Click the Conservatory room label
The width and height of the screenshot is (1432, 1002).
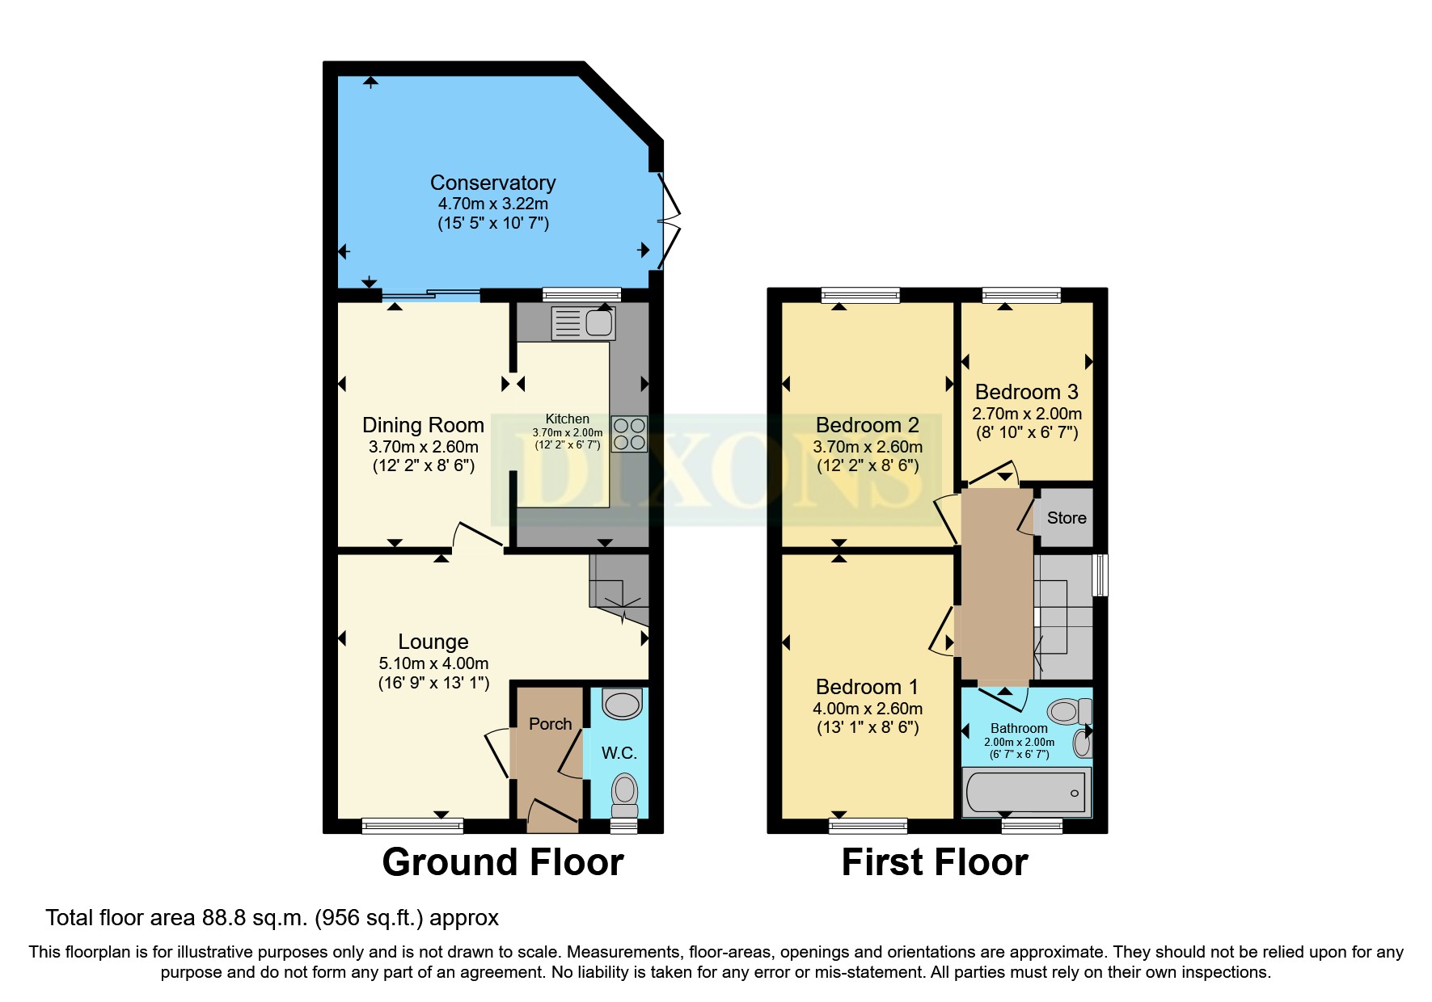(492, 183)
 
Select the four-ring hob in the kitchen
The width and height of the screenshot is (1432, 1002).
(628, 433)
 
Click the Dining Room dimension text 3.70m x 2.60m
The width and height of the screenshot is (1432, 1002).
(423, 447)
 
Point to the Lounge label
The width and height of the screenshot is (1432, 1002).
(433, 642)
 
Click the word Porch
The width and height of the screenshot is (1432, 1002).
(550, 724)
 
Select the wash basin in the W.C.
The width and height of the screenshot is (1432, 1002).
(623, 704)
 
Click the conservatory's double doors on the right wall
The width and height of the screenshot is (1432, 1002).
(670, 219)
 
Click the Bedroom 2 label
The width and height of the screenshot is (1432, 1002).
(867, 425)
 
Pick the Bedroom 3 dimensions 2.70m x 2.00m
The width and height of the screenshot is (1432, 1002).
(1026, 414)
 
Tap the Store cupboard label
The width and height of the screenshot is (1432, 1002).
(1066, 518)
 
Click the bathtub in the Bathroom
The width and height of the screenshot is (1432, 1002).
(1025, 792)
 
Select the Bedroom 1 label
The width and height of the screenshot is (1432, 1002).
(867, 687)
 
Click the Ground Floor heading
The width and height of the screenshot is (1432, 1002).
(502, 862)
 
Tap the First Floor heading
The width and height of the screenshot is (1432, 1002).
(934, 862)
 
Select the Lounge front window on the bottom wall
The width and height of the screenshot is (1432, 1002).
(412, 825)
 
